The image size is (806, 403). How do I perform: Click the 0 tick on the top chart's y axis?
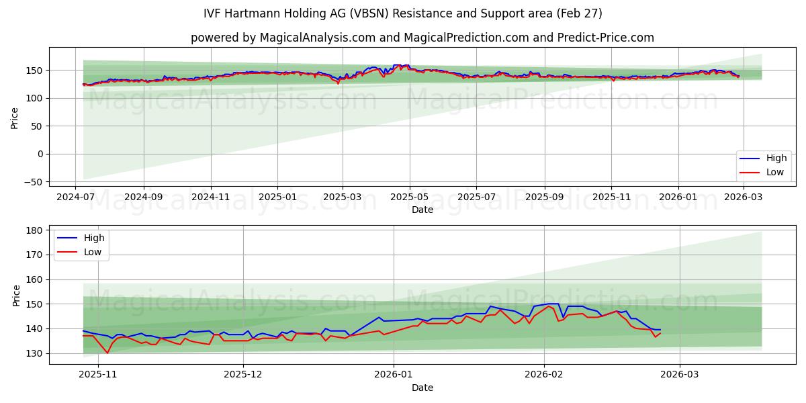pyautogui.click(x=40, y=154)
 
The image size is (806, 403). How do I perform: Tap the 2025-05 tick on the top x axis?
pyautogui.click(x=409, y=198)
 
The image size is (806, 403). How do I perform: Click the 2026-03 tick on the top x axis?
pyautogui.click(x=743, y=198)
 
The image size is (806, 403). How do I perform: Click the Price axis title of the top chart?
pyautogui.click(x=15, y=118)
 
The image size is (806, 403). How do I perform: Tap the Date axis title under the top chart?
pyautogui.click(x=422, y=210)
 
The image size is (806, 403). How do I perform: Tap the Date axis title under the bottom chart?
pyautogui.click(x=422, y=388)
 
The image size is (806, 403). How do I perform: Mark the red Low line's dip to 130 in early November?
pyautogui.click(x=107, y=353)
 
